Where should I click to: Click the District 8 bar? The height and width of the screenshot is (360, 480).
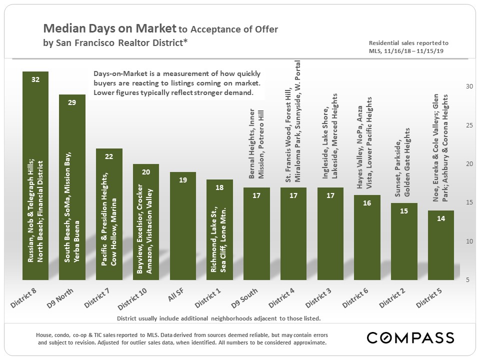pos(35,175)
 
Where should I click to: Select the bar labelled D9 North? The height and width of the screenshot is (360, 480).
pos(72,187)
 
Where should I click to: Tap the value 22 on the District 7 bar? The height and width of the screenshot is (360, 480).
pos(109,156)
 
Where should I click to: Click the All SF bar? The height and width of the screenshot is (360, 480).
pos(183,225)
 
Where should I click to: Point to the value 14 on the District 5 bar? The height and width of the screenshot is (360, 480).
pos(441,218)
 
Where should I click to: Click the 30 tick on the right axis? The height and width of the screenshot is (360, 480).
pos(469,86)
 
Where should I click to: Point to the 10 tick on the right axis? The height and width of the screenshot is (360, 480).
pos(469,241)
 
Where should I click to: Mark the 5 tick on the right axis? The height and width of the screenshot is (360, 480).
pos(469,280)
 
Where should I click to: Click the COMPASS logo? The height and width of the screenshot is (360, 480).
pos(410,337)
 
